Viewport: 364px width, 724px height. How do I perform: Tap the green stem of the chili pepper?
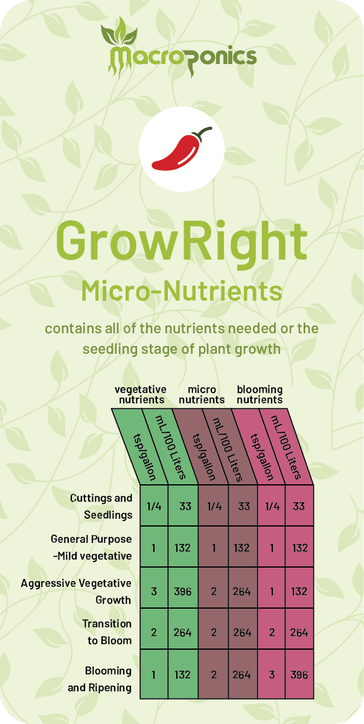[203, 133]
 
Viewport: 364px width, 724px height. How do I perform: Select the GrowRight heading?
[182, 242]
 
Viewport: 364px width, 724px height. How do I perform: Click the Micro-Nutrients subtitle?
[182, 291]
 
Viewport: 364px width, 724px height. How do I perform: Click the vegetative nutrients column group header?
[141, 394]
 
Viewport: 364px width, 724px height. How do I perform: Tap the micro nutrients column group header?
[202, 394]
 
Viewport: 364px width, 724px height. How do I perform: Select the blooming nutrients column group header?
[260, 394]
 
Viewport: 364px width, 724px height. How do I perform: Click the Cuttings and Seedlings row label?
[101, 507]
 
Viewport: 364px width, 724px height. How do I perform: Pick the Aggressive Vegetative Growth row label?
[76, 592]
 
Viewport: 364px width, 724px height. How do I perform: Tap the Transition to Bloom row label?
[107, 632]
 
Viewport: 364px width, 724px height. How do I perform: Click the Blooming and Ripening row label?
[100, 679]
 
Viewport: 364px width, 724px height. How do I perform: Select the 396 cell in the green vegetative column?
[183, 592]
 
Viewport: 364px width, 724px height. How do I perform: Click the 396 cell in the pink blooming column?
[299, 674]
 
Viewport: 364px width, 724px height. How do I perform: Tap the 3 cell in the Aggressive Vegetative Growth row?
[153, 592]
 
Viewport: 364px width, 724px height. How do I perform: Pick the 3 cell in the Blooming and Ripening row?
[271, 674]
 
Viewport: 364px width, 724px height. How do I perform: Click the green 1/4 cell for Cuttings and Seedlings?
[153, 505]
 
